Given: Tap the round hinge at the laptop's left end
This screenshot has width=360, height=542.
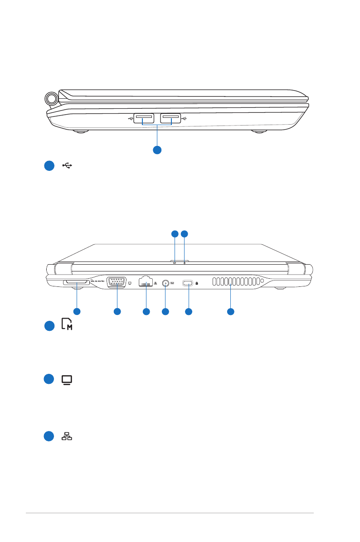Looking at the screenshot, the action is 51,98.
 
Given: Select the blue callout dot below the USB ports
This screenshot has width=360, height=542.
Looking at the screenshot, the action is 157,150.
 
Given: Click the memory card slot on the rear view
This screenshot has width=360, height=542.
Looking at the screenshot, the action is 77,283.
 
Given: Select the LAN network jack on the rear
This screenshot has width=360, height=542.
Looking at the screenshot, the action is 146,282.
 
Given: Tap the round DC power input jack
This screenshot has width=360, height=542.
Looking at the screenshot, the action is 165,284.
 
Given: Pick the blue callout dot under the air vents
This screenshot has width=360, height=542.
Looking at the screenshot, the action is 231,311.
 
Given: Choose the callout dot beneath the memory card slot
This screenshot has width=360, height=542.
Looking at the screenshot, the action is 77,311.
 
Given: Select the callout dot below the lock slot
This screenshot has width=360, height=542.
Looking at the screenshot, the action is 189,311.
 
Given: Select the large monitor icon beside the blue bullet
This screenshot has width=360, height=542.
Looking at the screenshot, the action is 67,380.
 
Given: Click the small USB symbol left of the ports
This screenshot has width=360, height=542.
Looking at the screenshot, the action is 130,119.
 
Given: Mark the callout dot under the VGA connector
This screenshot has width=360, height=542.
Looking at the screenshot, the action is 117,311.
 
